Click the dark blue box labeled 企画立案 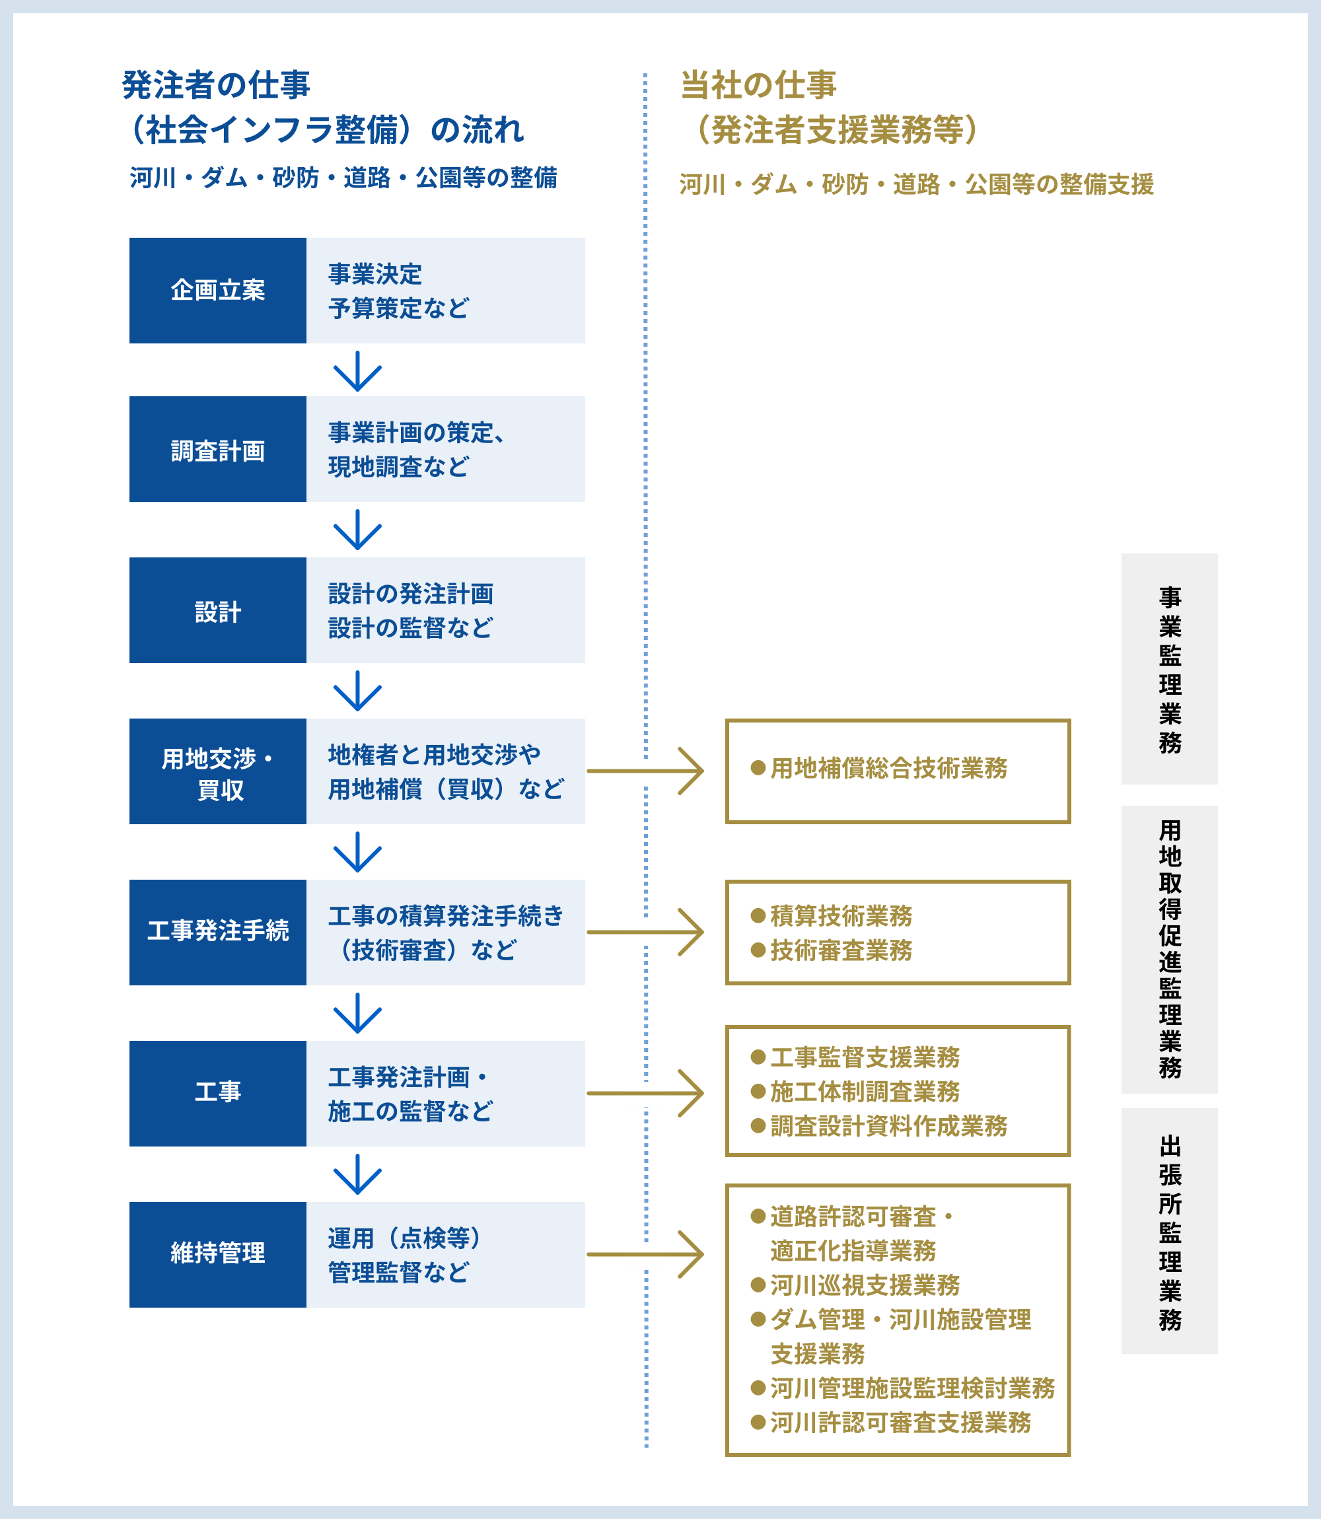click(217, 291)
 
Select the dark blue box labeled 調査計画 click(217, 450)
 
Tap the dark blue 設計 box click(217, 610)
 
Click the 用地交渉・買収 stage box click(217, 771)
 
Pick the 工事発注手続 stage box click(217, 933)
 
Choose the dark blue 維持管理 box click(217, 1254)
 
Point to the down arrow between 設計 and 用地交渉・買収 click(357, 691)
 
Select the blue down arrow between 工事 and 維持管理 click(357, 1174)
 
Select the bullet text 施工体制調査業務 click(864, 1092)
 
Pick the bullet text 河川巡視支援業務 click(864, 1285)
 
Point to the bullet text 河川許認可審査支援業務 click(900, 1423)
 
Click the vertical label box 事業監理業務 click(1169, 668)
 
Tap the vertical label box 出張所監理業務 click(1169, 1231)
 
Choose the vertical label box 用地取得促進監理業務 click(1169, 949)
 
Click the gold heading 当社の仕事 click(758, 85)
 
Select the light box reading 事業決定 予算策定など click(445, 291)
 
